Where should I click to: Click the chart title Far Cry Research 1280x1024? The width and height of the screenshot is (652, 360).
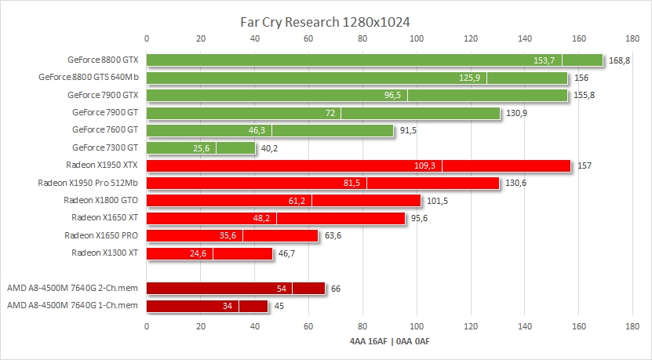point(325,22)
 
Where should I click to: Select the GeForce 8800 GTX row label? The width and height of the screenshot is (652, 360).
point(103,60)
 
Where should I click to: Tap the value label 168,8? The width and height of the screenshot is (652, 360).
point(620,60)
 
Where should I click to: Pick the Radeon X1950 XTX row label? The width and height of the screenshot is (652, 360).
point(104,165)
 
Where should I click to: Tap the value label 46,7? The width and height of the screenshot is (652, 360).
point(289,253)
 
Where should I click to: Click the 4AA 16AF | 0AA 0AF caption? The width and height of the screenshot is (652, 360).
point(389,341)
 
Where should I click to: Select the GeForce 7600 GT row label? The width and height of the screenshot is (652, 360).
point(104,129)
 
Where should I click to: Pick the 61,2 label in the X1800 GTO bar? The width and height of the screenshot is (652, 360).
point(297,201)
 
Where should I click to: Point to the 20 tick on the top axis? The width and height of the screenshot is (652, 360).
point(201,38)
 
